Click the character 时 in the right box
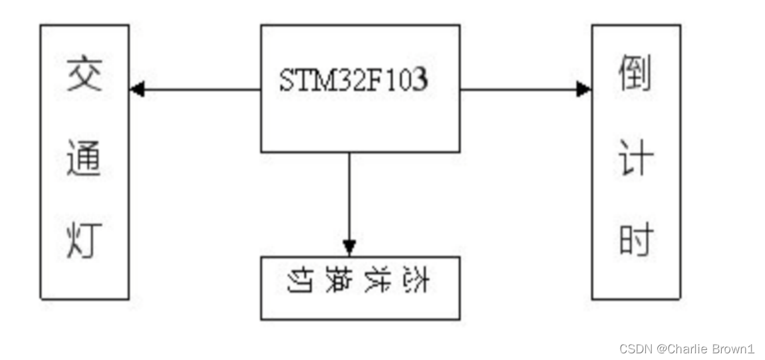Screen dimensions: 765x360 tap(636, 242)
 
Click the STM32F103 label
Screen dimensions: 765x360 tap(353, 81)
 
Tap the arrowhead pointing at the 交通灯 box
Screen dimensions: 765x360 tap(137, 89)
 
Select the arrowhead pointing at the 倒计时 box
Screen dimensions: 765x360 tap(583, 89)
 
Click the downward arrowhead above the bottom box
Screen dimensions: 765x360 tap(349, 247)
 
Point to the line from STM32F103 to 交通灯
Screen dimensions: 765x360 tap(200, 89)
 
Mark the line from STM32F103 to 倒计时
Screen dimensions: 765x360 tap(519, 89)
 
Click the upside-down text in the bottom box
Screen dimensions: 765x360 tap(360, 281)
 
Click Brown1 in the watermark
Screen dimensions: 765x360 tap(734, 348)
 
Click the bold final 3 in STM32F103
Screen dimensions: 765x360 tap(420, 81)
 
